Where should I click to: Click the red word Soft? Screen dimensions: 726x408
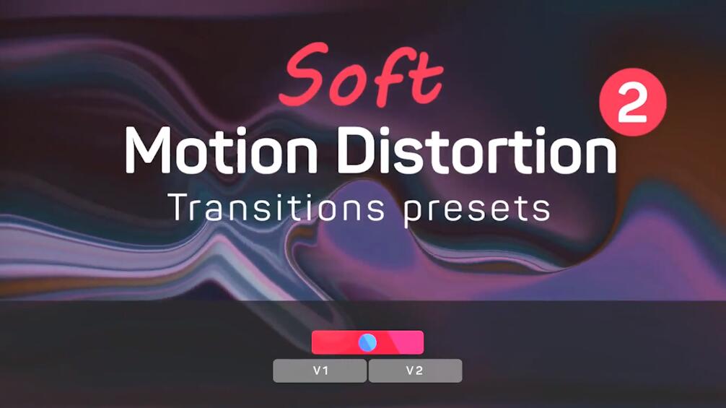coord(361,74)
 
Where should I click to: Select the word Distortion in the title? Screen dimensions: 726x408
coord(477,150)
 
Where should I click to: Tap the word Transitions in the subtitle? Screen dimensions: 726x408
coord(276,207)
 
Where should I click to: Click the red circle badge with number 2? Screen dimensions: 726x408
coord(632,103)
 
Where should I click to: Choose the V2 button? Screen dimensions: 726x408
coord(415,370)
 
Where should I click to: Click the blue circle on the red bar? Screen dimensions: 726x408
coord(367,343)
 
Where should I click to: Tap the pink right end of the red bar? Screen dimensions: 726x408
coord(410,343)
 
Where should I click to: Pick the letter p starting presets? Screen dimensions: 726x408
coord(414,213)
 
